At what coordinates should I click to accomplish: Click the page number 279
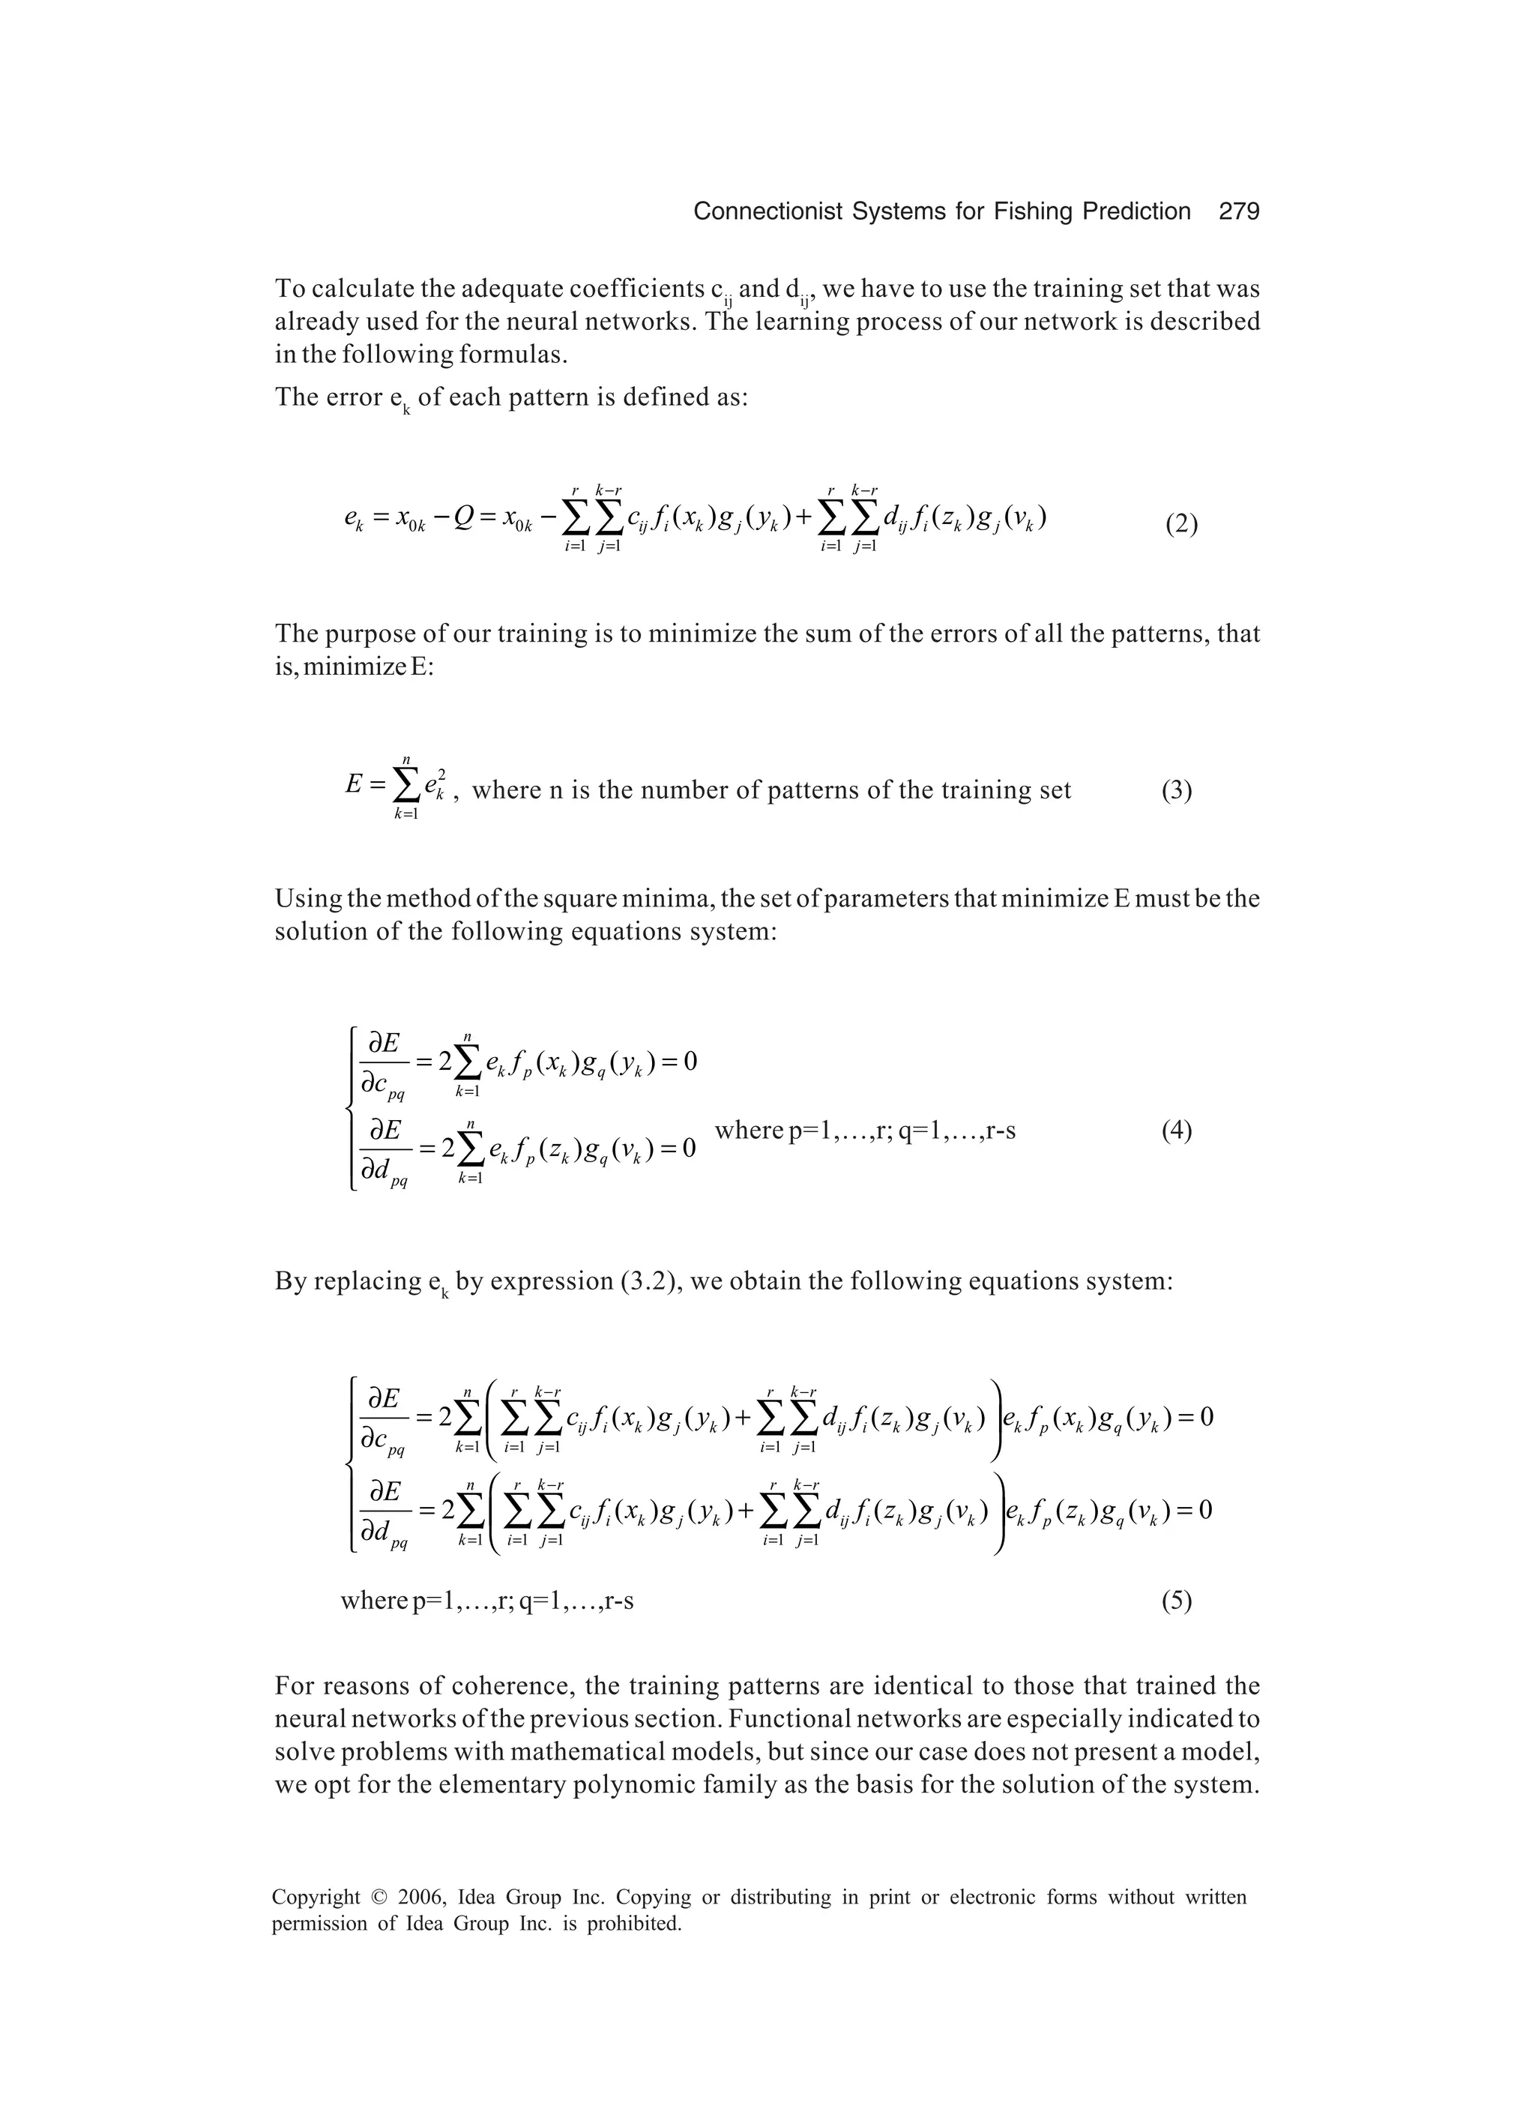pos(1239,212)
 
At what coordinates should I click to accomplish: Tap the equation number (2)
pos(1181,524)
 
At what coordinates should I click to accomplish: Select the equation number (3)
pos(1177,790)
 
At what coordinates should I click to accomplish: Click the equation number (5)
pos(1177,1600)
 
